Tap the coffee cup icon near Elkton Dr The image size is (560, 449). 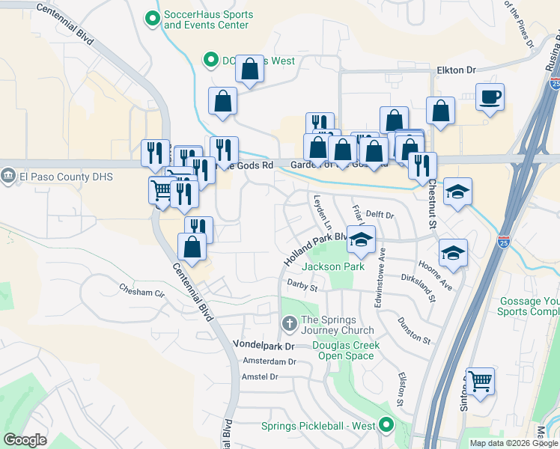click(x=490, y=97)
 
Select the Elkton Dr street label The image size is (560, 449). click(x=456, y=70)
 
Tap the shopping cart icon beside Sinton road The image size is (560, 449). click(x=480, y=381)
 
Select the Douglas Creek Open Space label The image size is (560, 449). click(x=346, y=350)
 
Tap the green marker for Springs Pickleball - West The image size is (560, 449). click(x=386, y=426)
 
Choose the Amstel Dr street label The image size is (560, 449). click(x=260, y=376)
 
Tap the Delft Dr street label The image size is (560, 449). click(x=380, y=215)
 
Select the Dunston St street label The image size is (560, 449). click(x=415, y=329)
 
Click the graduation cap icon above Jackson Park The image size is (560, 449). click(x=361, y=240)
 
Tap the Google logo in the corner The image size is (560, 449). click(x=25, y=439)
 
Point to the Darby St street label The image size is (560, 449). click(x=302, y=285)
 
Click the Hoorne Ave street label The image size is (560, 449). click(x=435, y=278)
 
